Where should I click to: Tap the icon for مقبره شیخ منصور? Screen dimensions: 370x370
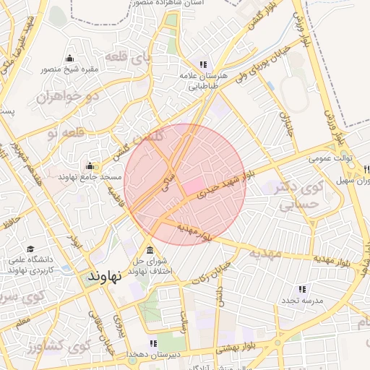click(x=69, y=59)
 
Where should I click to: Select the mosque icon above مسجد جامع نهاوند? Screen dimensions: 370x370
click(x=90, y=165)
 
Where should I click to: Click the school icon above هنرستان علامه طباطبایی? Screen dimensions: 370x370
click(x=203, y=64)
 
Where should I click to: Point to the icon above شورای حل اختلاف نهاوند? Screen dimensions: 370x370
click(x=150, y=249)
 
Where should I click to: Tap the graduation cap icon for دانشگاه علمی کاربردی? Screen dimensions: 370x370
click(x=30, y=249)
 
